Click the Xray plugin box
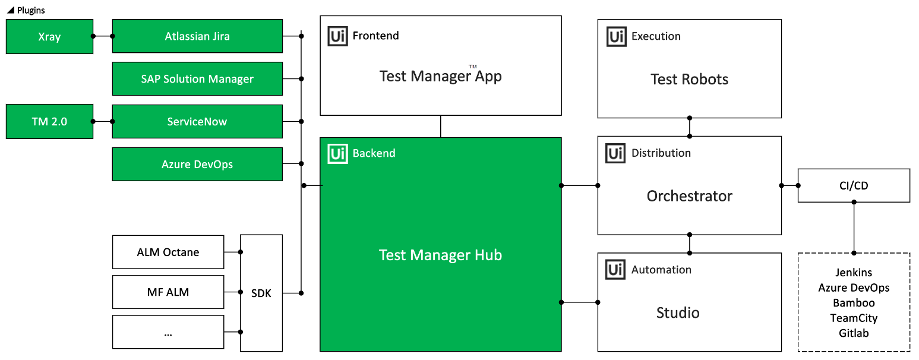point(49,36)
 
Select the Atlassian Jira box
point(197,36)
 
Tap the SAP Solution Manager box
point(197,79)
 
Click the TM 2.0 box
point(49,122)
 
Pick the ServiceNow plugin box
point(197,122)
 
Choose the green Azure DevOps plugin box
point(197,165)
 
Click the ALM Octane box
point(168,252)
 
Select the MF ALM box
point(168,292)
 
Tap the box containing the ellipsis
point(168,332)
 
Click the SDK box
point(261,293)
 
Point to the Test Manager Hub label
point(440,255)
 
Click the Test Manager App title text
point(440,76)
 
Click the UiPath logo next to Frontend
point(338,36)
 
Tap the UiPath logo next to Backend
point(338,154)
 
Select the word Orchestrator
point(689,196)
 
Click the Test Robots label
point(689,80)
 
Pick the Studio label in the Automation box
point(678,313)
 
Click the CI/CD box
point(854,186)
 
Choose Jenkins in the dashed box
point(854,273)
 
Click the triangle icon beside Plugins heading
point(10,10)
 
